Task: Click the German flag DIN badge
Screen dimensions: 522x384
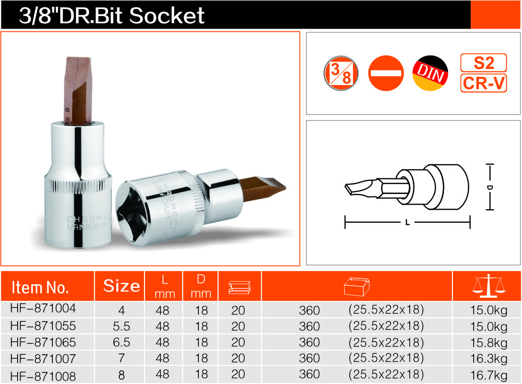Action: pyautogui.click(x=430, y=74)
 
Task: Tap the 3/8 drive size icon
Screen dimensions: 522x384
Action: pyautogui.click(x=341, y=74)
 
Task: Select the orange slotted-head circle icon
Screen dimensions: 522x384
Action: pyautogui.click(x=386, y=74)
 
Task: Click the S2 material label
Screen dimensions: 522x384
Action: pyautogui.click(x=484, y=62)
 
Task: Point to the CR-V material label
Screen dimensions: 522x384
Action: pyautogui.click(x=484, y=83)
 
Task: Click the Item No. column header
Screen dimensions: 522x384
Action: pyautogui.click(x=40, y=287)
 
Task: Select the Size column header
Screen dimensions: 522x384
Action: pyautogui.click(x=121, y=286)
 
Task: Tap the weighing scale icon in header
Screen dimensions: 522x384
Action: pyautogui.click(x=488, y=286)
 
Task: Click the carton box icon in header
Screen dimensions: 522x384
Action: pyautogui.click(x=356, y=286)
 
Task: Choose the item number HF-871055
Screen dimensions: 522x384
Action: pyautogui.click(x=43, y=326)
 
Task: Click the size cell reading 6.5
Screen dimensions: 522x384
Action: pyautogui.click(x=121, y=342)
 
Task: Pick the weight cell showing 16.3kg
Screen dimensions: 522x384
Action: pyautogui.click(x=489, y=359)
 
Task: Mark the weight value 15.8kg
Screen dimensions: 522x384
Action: pyautogui.click(x=489, y=343)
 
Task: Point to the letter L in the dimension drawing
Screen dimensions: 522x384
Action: pyautogui.click(x=407, y=222)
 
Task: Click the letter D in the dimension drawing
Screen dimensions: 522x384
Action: pyautogui.click(x=490, y=187)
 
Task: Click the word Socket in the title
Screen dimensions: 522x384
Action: pyautogui.click(x=167, y=16)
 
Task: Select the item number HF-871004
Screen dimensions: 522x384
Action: pyautogui.click(x=43, y=308)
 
